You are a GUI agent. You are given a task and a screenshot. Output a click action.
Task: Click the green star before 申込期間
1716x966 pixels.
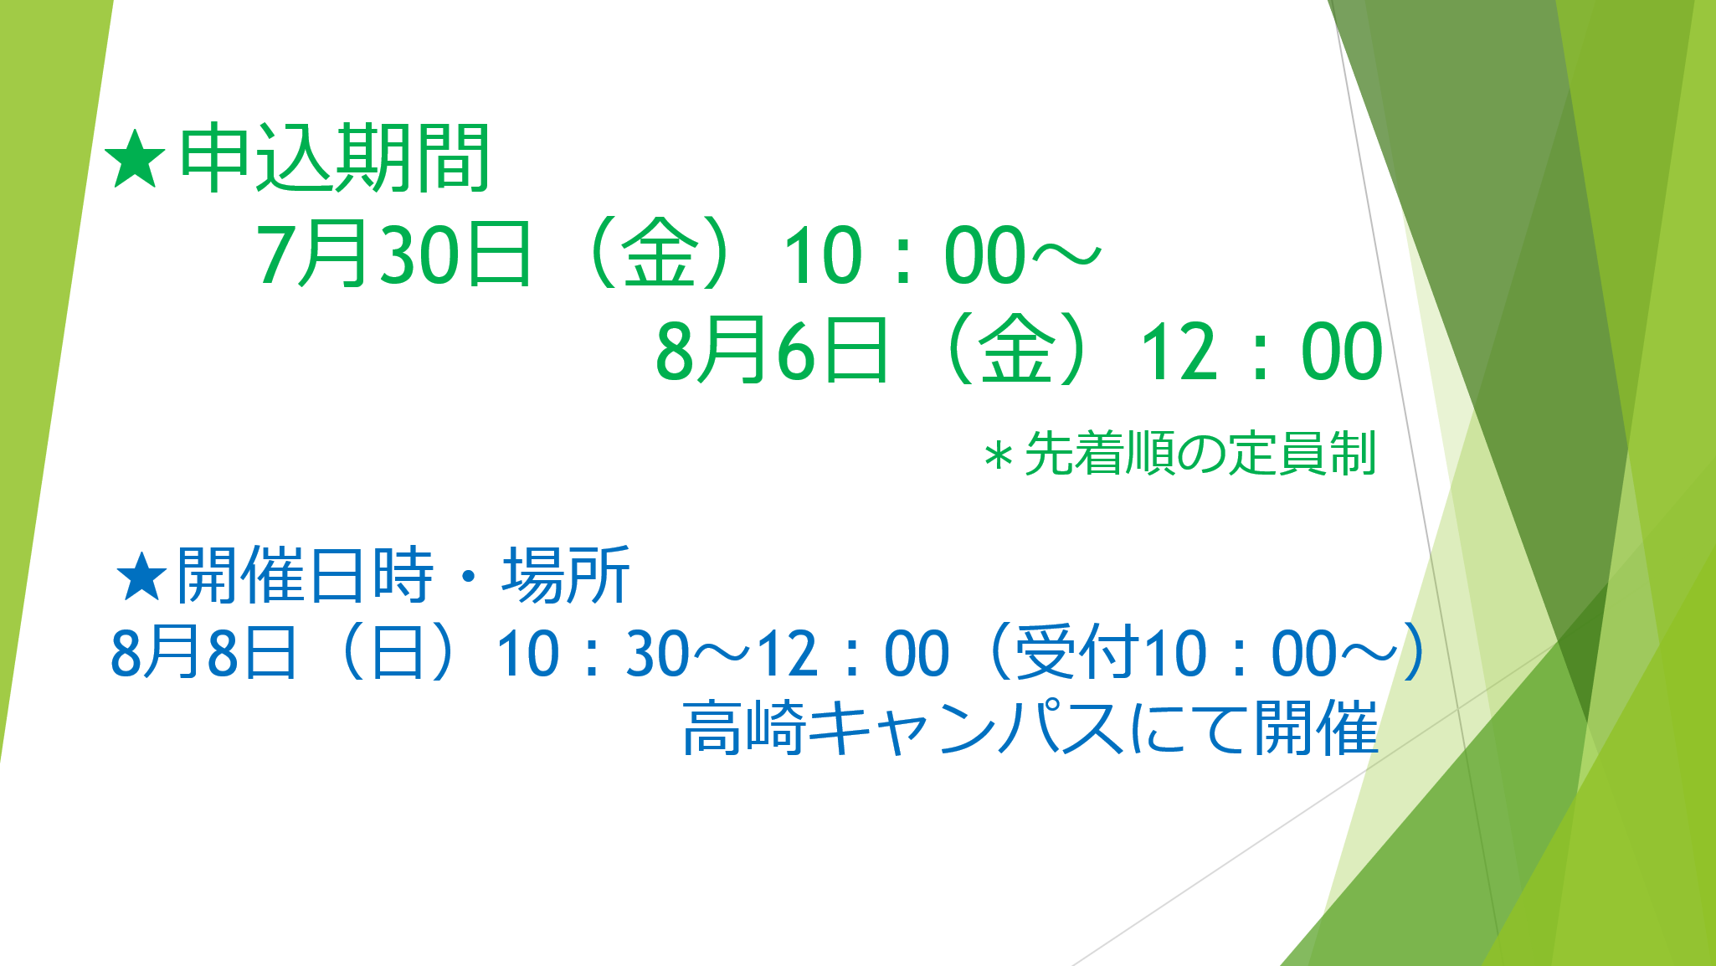(134, 159)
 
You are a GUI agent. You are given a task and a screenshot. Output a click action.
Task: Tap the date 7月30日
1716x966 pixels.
(393, 254)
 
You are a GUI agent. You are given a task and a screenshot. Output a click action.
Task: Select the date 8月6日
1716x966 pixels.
(771, 350)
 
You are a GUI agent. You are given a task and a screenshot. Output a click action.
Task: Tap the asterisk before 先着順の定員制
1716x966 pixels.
(999, 457)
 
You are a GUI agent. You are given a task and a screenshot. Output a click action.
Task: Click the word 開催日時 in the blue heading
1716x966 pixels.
(305, 575)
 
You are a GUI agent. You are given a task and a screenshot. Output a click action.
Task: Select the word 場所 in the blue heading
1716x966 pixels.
(566, 575)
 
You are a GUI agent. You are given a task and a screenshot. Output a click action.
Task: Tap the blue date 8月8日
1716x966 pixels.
(203, 653)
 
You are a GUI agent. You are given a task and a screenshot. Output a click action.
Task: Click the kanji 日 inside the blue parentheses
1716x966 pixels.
(397, 653)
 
